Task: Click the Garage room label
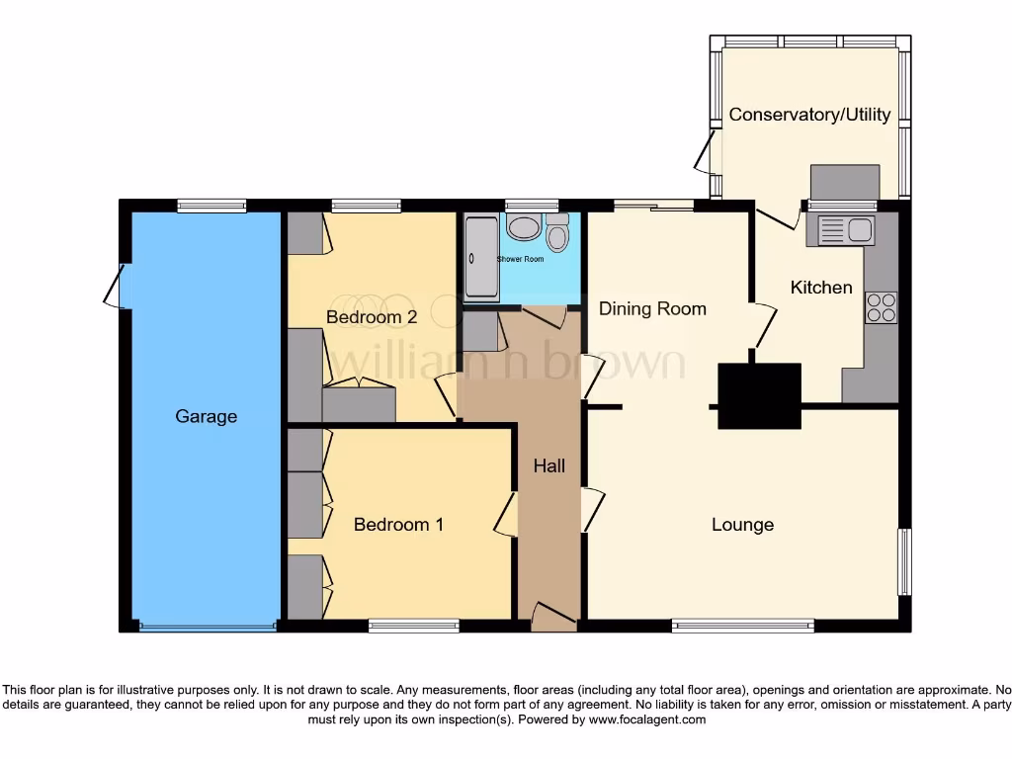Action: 206,416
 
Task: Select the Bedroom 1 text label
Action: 398,524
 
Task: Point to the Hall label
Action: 549,465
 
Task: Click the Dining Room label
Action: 652,308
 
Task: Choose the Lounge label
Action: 742,524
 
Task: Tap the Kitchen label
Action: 821,288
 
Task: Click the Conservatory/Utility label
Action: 809,115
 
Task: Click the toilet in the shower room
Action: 557,235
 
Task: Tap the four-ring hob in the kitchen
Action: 881,307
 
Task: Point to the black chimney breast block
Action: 758,395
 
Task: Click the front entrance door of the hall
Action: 553,617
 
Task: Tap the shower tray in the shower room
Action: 481,258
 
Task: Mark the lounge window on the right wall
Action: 903,562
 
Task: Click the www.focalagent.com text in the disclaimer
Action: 647,720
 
